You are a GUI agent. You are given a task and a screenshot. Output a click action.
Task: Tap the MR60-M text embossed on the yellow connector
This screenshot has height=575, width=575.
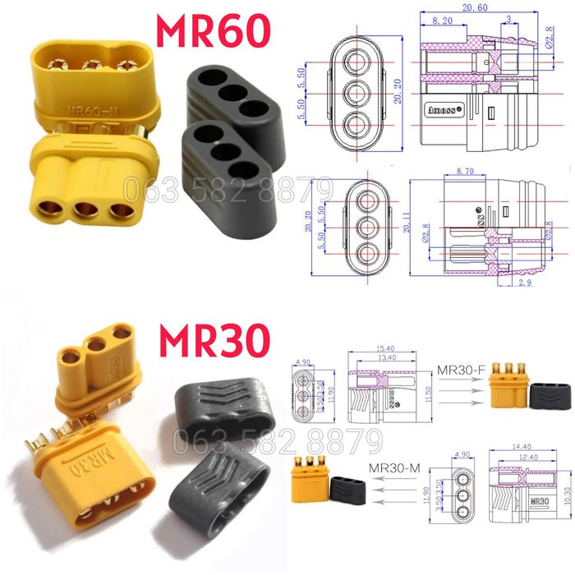click(x=88, y=108)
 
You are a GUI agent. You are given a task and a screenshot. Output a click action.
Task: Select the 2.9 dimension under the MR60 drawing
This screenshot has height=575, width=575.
click(x=527, y=282)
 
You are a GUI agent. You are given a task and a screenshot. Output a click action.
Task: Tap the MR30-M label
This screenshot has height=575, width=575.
click(x=392, y=468)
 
